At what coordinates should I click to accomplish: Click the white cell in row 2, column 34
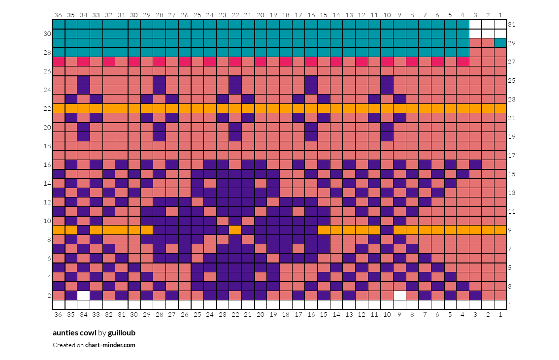(84, 295)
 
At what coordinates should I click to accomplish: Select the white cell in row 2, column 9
(399, 295)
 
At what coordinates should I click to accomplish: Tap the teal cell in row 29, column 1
(500, 43)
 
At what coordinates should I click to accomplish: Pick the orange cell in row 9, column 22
(235, 230)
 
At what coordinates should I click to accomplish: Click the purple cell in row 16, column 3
(475, 164)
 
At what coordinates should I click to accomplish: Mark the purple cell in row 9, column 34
(84, 230)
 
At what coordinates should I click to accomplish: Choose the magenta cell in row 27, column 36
(59, 62)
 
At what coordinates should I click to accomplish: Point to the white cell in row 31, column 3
(475, 24)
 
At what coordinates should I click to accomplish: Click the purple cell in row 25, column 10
(387, 80)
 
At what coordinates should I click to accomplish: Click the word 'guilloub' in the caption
(122, 332)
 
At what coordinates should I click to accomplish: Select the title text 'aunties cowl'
(74, 332)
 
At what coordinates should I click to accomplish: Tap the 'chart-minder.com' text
(110, 345)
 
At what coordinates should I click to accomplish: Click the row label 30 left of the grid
(47, 33)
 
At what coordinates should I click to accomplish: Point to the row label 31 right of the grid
(512, 24)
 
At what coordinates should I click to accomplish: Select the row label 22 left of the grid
(47, 108)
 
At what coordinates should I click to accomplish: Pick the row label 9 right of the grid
(510, 230)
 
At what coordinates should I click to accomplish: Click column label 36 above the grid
(58, 15)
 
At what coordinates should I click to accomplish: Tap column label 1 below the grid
(500, 314)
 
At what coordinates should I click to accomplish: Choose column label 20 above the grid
(261, 15)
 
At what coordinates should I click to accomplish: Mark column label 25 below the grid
(197, 314)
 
